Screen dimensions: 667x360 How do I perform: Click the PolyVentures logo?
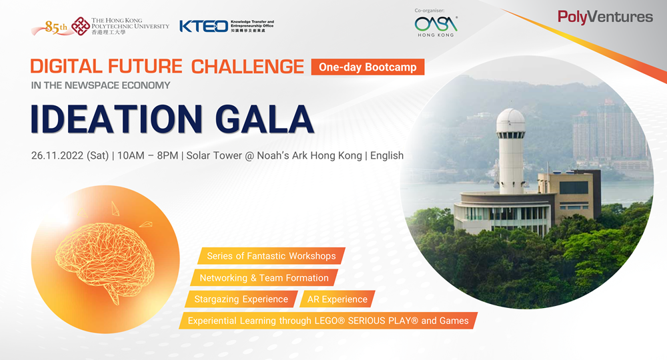tap(605, 17)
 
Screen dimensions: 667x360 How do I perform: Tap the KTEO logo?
tap(227, 26)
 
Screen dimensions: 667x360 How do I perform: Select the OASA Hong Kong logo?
tap(436, 27)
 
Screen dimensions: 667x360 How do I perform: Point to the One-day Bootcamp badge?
tap(368, 67)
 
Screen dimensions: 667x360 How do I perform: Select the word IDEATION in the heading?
tap(117, 119)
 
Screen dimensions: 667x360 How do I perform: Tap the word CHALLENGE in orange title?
tap(247, 67)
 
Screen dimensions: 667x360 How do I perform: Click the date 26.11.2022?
tap(57, 155)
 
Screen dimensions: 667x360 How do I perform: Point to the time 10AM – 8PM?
tap(147, 155)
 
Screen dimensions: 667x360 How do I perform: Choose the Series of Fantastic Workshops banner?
tap(271, 256)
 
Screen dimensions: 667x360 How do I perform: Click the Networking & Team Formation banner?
tap(264, 278)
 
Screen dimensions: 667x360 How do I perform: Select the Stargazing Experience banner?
tap(241, 299)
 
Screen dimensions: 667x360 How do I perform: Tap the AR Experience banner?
tap(338, 299)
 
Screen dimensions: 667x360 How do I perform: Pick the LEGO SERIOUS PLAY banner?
tap(328, 321)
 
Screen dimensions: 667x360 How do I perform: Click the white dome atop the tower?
tap(510, 120)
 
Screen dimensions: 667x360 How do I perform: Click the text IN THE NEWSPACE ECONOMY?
tap(101, 85)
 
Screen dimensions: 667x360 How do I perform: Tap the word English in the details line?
tap(387, 155)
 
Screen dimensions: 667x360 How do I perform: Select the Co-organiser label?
tap(429, 11)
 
